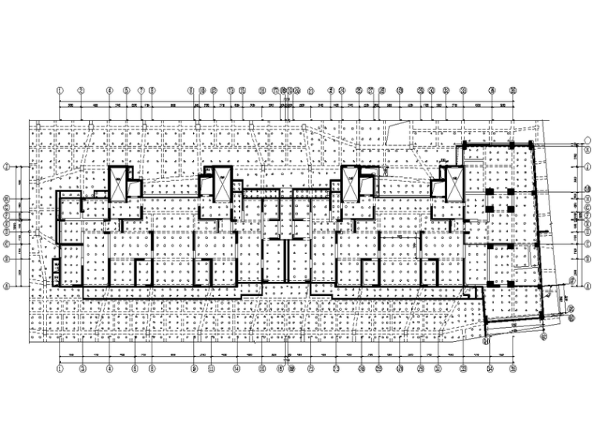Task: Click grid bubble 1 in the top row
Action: click(x=59, y=90)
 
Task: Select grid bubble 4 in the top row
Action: click(x=110, y=90)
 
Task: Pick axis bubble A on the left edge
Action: click(x=6, y=287)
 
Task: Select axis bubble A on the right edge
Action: click(x=587, y=286)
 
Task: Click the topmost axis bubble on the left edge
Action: click(x=6, y=167)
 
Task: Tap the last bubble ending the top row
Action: click(x=513, y=90)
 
